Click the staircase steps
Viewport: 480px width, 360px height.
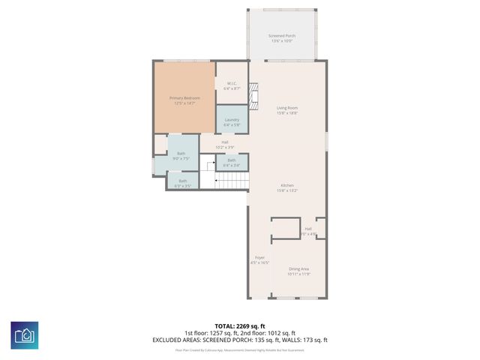(x=232, y=181)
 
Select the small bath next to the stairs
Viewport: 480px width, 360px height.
(x=232, y=160)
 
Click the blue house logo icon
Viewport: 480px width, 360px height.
(x=25, y=334)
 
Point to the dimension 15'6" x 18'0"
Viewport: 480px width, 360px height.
(x=287, y=113)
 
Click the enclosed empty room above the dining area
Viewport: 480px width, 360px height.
(x=285, y=229)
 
